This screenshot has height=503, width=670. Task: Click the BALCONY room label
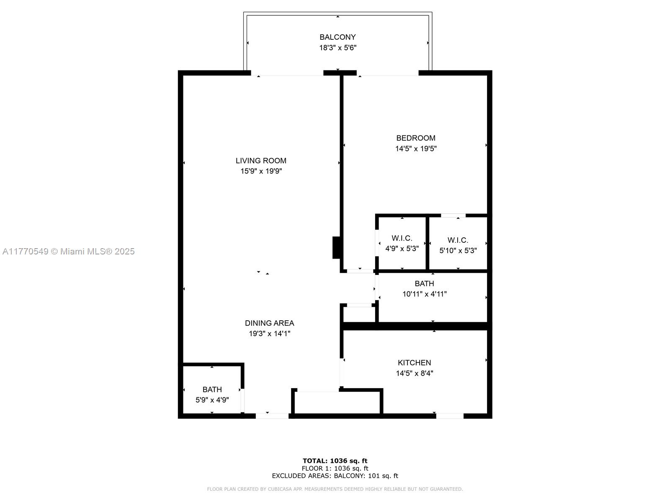pyautogui.click(x=338, y=37)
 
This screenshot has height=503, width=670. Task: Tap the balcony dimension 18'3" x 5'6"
pyautogui.click(x=338, y=48)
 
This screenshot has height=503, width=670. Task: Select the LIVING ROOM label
pyautogui.click(x=261, y=161)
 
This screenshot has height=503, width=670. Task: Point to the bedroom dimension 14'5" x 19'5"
pyautogui.click(x=416, y=148)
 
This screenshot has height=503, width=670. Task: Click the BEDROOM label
pyautogui.click(x=416, y=138)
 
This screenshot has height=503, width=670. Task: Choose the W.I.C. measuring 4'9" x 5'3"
pyautogui.click(x=402, y=243)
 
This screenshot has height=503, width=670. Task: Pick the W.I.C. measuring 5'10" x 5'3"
pyautogui.click(x=458, y=245)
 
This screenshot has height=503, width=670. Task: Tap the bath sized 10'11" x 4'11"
pyautogui.click(x=424, y=289)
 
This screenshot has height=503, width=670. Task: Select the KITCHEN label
pyautogui.click(x=414, y=363)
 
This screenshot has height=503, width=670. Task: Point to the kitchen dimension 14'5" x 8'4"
pyautogui.click(x=414, y=373)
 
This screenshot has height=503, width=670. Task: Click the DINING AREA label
pyautogui.click(x=269, y=323)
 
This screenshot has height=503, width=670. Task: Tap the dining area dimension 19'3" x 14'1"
pyautogui.click(x=269, y=334)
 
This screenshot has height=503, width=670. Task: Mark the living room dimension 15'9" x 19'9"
pyautogui.click(x=261, y=171)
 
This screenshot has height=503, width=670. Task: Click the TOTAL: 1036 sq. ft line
pyautogui.click(x=335, y=461)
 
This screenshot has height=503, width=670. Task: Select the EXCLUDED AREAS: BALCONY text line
pyautogui.click(x=335, y=476)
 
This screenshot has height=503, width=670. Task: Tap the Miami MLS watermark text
pyautogui.click(x=69, y=251)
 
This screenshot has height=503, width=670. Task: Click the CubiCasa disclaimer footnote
pyautogui.click(x=335, y=489)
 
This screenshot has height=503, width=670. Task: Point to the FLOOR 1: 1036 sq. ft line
pyautogui.click(x=335, y=468)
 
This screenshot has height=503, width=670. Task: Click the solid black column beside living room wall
pyautogui.click(x=336, y=248)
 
